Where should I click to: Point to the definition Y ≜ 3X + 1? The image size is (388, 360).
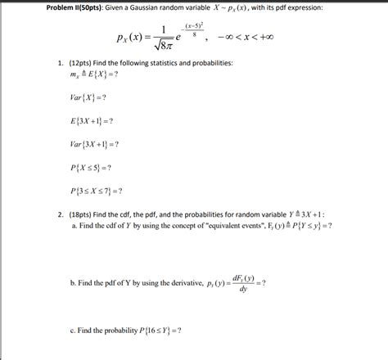312,214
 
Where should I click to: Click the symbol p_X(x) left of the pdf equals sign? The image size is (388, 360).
131,38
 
